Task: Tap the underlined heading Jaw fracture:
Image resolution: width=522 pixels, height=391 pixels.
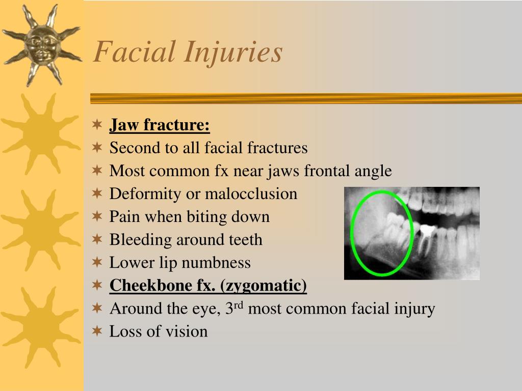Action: pyautogui.click(x=160, y=125)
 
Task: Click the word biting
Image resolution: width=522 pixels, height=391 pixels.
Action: pyautogui.click(x=207, y=217)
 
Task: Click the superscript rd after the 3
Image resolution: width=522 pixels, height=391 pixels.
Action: pyautogui.click(x=239, y=305)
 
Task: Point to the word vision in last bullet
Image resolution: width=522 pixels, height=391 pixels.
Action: pyautogui.click(x=187, y=331)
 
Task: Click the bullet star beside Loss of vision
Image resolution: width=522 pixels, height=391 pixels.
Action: pyautogui.click(x=97, y=331)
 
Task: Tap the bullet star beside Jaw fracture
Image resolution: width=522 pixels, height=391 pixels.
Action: pyautogui.click(x=97, y=125)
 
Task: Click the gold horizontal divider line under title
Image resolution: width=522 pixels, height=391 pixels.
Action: pyautogui.click(x=306, y=98)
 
